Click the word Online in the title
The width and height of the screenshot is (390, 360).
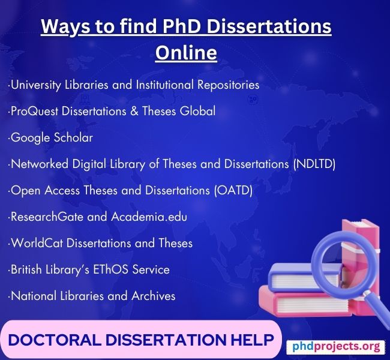186,53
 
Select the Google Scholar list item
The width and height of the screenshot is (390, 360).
51,138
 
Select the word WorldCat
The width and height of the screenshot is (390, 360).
34,244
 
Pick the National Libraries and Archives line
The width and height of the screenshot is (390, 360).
92,296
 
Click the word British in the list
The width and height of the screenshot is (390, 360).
27,270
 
